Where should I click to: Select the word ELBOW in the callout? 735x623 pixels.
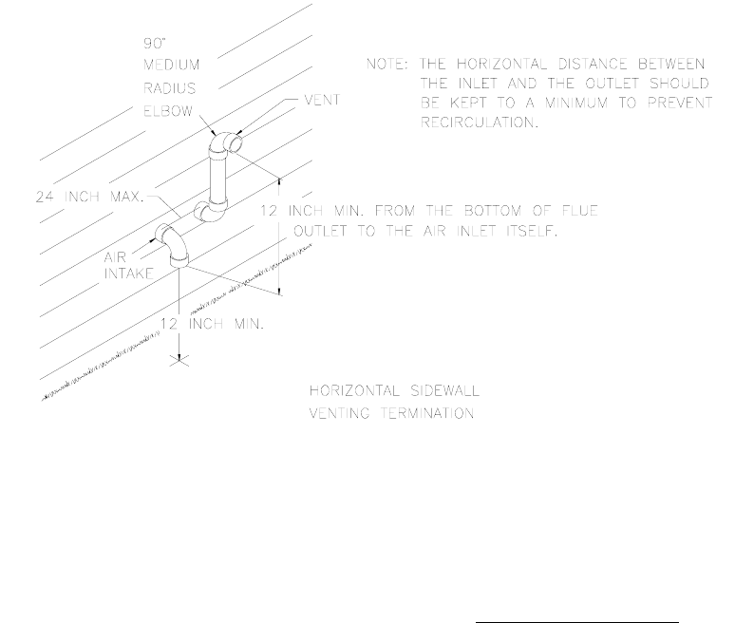pyautogui.click(x=171, y=111)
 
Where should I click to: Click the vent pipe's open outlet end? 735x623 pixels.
pyautogui.click(x=236, y=142)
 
